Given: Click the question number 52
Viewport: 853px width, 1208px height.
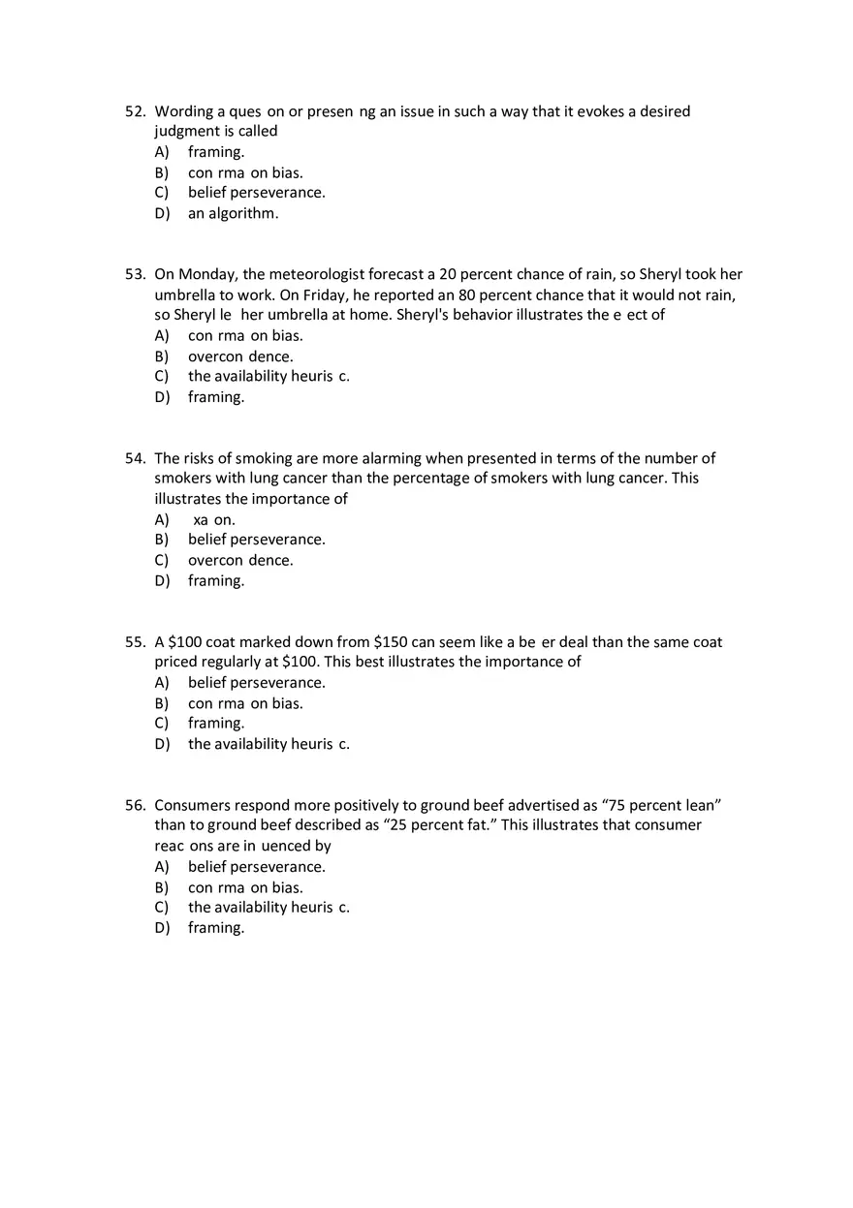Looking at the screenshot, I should click(135, 111).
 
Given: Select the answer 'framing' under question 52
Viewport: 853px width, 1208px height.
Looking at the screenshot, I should click(215, 152).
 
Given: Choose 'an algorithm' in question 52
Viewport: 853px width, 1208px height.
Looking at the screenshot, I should click(233, 213).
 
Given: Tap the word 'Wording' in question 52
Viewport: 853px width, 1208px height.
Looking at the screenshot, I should click(184, 111).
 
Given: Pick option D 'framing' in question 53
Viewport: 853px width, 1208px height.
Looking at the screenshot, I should click(215, 397).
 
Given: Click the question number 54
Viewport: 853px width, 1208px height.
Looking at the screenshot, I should click(135, 458).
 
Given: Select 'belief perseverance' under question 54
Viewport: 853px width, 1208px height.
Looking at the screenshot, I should click(256, 540).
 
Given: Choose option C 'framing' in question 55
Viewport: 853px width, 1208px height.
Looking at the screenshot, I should click(215, 724).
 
